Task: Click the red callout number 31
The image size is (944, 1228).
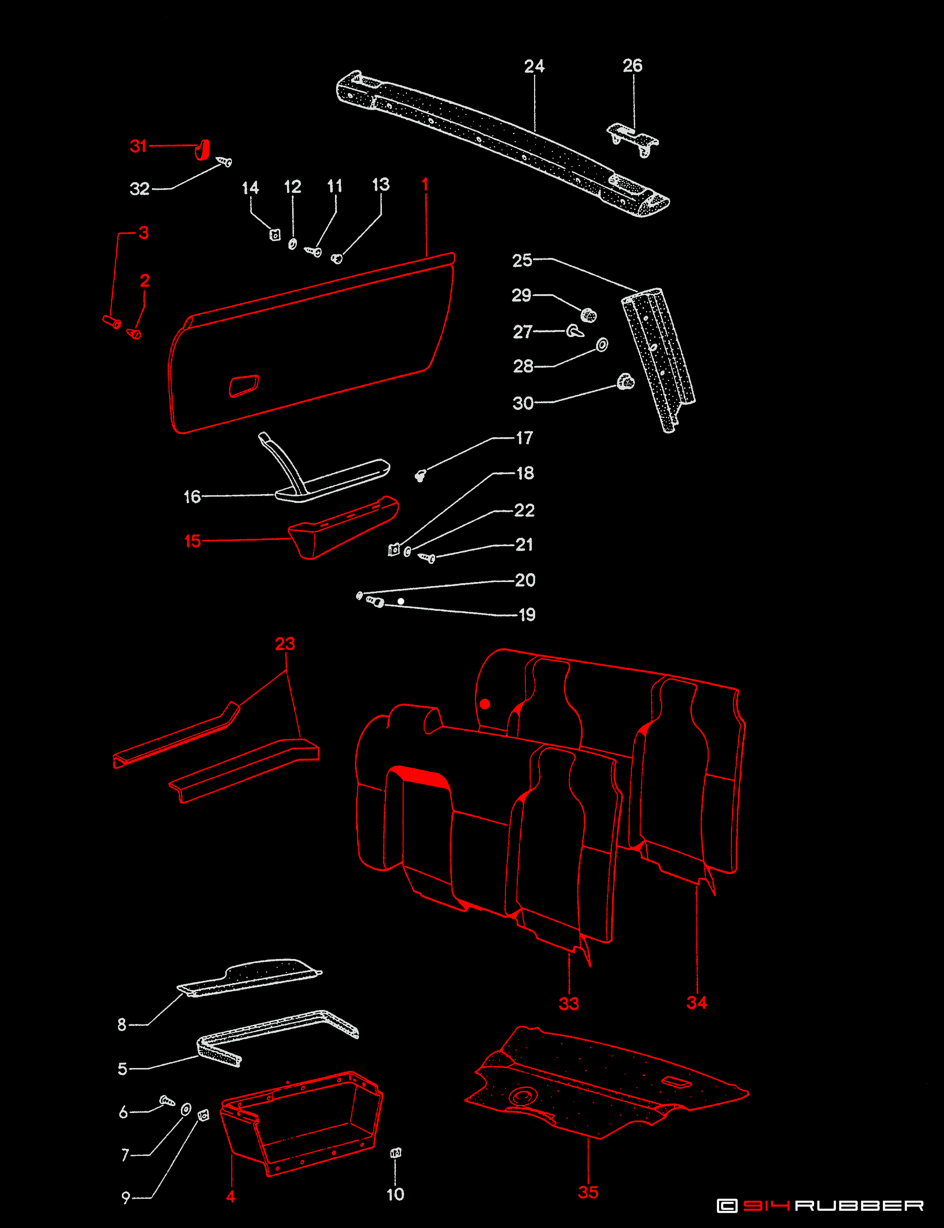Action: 138,146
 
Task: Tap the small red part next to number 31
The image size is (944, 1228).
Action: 203,150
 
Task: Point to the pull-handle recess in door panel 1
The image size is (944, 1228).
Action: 244,386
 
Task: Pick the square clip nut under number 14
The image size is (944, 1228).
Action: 275,234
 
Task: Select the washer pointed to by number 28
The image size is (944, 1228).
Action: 602,345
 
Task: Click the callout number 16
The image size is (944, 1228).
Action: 192,497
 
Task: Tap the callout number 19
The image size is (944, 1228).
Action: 527,615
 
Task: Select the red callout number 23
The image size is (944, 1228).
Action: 285,644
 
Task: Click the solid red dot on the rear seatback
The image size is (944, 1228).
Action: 485,704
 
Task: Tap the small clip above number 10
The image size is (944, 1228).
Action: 396,1153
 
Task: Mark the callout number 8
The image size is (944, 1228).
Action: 122,1024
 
